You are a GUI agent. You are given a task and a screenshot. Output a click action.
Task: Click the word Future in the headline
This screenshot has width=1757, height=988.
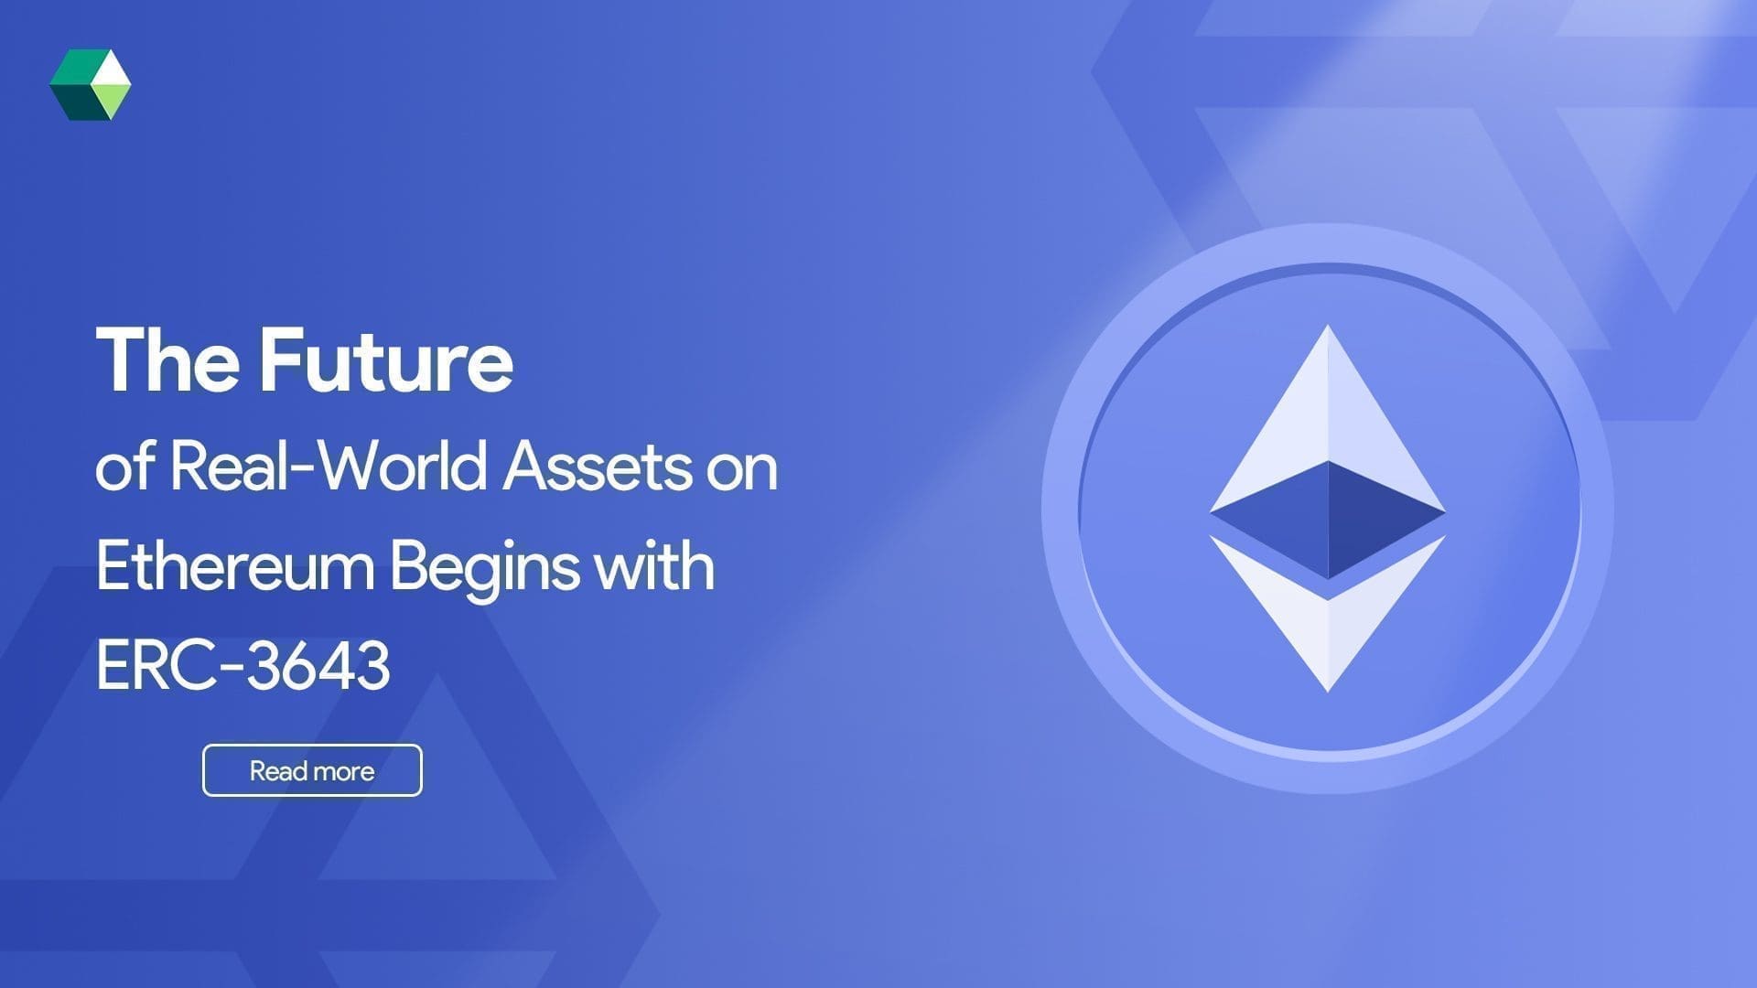tap(385, 360)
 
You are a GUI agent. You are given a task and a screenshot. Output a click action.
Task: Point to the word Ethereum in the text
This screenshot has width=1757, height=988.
tap(235, 566)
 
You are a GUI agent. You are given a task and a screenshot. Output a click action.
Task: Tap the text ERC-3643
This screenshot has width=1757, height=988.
tap(243, 666)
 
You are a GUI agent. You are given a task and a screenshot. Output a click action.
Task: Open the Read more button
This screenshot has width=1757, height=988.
tap(312, 770)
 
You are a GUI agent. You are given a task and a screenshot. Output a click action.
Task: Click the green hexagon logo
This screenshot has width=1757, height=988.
tap(90, 85)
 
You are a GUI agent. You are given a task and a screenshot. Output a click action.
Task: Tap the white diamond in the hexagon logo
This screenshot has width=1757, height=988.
tap(111, 69)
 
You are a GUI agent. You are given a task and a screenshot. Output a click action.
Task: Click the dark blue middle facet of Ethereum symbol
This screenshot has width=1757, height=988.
tap(1328, 517)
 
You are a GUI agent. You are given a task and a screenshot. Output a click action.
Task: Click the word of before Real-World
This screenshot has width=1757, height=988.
tap(123, 467)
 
